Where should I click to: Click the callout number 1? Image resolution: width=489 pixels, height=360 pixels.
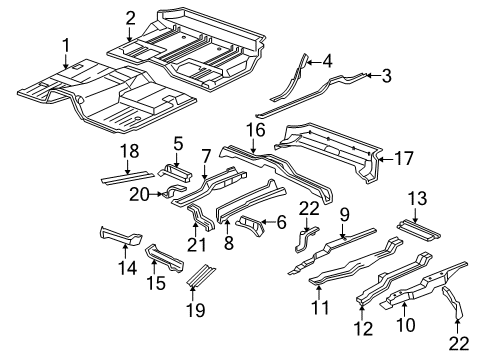(x=65, y=45)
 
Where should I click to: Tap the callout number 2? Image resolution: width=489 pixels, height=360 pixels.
(x=131, y=16)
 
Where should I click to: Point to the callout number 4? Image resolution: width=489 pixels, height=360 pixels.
(x=327, y=62)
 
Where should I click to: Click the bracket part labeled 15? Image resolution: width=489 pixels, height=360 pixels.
(x=165, y=258)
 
